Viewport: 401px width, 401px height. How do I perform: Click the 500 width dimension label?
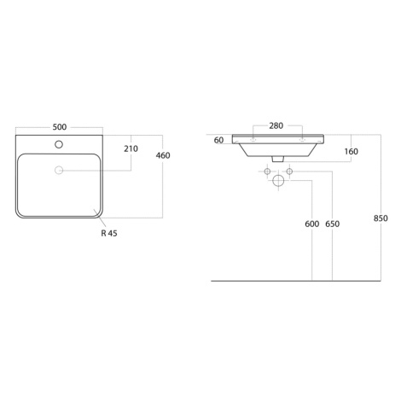60,127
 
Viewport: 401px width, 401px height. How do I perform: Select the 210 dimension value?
131,148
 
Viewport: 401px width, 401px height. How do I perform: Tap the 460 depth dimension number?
163,155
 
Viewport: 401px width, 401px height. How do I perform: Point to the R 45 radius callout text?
109,233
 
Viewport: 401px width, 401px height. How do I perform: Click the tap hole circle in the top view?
59,144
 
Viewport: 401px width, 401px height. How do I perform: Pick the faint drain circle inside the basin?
59,170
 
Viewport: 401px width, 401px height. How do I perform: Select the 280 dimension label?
276,125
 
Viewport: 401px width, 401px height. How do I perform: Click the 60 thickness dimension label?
218,140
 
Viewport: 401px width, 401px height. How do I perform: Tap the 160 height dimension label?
352,151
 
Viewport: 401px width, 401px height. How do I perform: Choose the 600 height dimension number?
312,224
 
